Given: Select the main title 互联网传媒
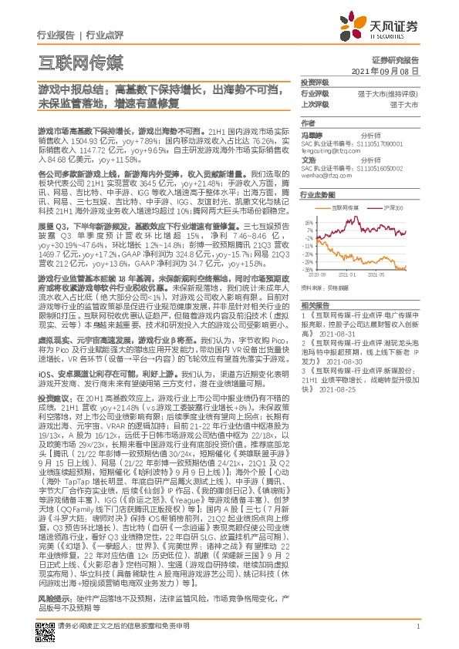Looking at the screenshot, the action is [x=80, y=62].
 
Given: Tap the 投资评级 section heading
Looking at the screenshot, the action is [x=315, y=82].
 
